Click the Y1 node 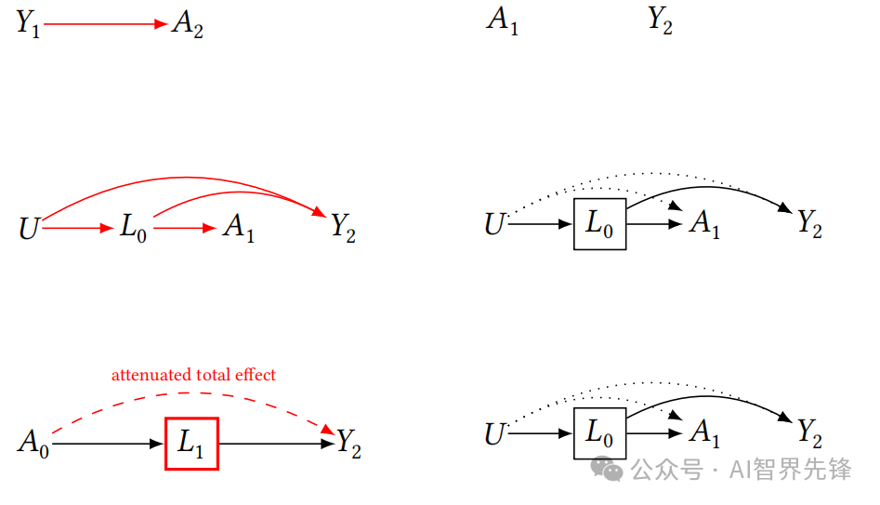pos(27,24)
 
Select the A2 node pos(187,25)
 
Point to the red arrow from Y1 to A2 pos(104,24)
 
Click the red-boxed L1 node pos(191,444)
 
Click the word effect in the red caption pos(256,376)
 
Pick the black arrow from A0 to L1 pos(107,445)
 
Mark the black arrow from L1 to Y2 pos(275,445)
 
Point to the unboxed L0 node pos(133,227)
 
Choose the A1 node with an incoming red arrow pos(238,228)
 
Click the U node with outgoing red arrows pos(30,228)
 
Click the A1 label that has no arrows pos(503,20)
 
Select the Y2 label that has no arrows pos(660,20)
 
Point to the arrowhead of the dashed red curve pos(327,430)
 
